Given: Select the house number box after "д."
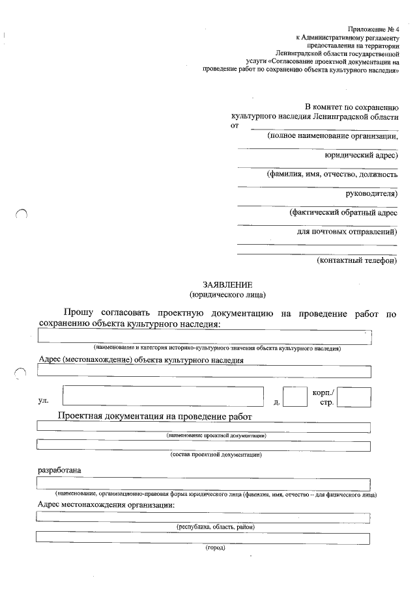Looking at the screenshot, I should [295, 396].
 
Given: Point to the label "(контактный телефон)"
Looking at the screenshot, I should [356, 260].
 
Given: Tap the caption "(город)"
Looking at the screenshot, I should [215, 548].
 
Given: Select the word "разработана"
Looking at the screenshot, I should [60, 469].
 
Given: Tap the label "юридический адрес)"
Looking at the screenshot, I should [361, 156].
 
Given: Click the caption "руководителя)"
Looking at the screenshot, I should [371, 193].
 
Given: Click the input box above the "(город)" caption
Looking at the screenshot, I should [203, 538].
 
